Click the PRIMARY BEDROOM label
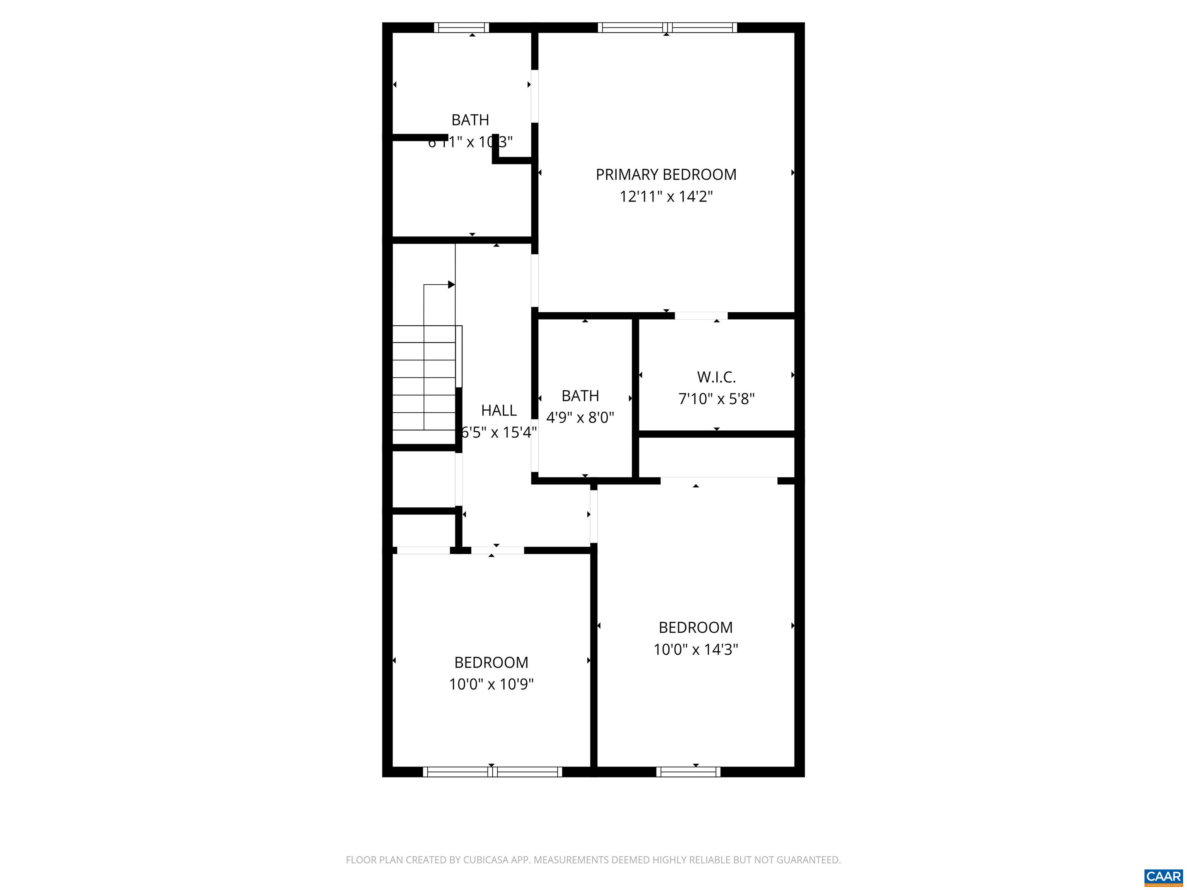click(x=665, y=175)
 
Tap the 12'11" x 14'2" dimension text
click(x=665, y=197)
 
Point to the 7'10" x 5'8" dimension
click(x=716, y=399)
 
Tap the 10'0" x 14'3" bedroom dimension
click(x=696, y=650)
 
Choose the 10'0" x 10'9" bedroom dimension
click(x=491, y=684)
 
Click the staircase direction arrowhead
click(x=451, y=284)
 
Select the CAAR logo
click(x=1163, y=877)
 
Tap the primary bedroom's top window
click(x=667, y=27)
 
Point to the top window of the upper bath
click(x=461, y=27)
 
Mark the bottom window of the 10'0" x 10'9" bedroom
click(x=492, y=772)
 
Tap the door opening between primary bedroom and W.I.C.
click(x=701, y=316)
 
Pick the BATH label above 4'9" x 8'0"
click(x=580, y=396)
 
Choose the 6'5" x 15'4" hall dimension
click(x=498, y=432)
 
